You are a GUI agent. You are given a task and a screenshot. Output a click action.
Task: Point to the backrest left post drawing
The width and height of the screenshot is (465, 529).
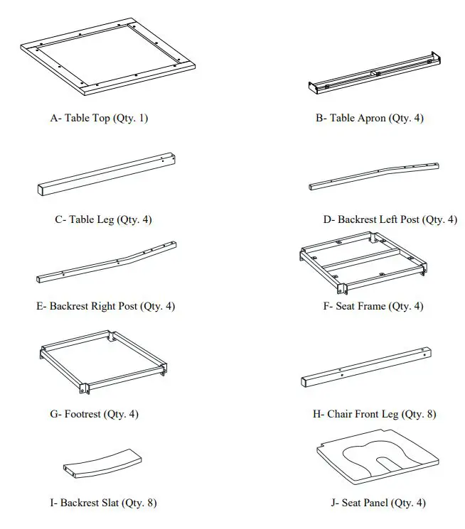click(373, 175)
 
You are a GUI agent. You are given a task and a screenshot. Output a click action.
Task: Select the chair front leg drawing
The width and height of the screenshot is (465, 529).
click(366, 366)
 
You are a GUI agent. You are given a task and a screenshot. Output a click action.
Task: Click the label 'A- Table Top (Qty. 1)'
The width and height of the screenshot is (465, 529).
click(99, 119)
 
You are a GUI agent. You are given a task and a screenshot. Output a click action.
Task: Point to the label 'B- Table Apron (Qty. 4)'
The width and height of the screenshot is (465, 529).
click(369, 119)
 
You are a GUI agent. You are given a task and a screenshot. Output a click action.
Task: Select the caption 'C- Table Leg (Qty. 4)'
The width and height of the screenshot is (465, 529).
click(103, 219)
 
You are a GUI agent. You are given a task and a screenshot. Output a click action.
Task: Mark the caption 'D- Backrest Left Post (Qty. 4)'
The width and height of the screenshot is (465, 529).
click(390, 219)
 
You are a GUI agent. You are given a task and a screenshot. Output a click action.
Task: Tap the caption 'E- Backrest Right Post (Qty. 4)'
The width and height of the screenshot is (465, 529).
click(105, 306)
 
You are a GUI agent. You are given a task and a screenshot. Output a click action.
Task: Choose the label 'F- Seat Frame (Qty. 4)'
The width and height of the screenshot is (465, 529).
click(373, 306)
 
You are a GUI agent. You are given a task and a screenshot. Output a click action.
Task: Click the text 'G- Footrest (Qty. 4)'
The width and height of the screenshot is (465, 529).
click(99, 413)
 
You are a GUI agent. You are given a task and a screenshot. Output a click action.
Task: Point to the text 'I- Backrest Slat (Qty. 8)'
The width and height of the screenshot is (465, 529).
click(103, 503)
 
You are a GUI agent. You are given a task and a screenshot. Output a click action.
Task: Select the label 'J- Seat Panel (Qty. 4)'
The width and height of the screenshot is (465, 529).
click(378, 503)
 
